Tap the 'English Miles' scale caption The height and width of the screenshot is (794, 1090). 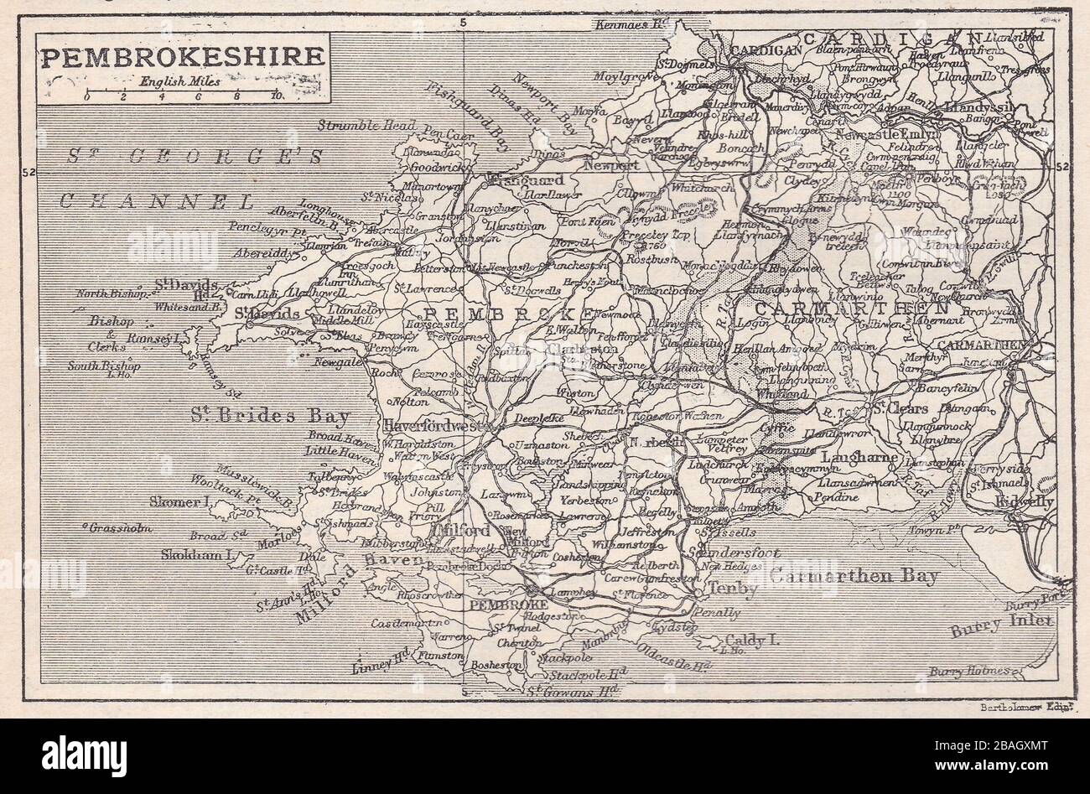click(x=180, y=82)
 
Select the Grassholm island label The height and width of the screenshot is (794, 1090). click(x=111, y=527)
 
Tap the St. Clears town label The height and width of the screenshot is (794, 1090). click(x=897, y=409)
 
